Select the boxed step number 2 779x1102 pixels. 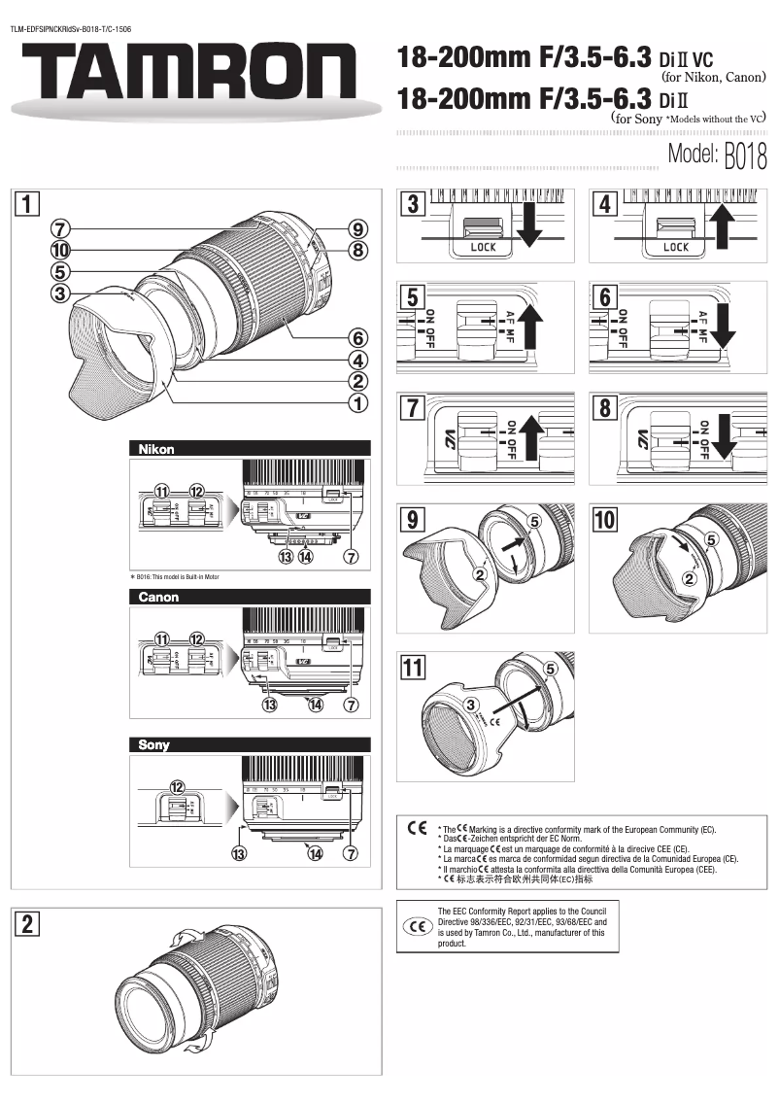(x=31, y=924)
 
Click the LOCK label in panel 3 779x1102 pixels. (x=483, y=248)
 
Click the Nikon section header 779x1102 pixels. (x=155, y=449)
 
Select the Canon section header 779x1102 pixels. (x=158, y=597)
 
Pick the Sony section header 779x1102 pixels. (x=153, y=745)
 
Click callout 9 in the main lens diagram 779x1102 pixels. (x=358, y=230)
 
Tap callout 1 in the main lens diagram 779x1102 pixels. (x=358, y=401)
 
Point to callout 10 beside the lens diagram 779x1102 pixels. (x=60, y=250)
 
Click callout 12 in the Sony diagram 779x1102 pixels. (x=178, y=786)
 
